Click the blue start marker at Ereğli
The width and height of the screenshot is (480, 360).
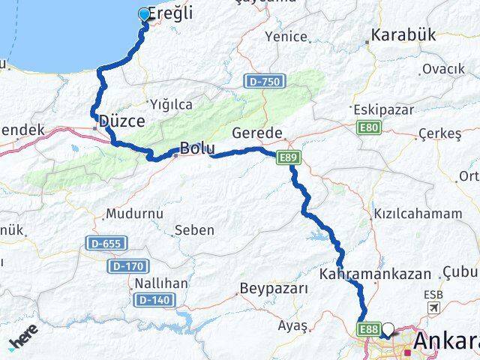144,13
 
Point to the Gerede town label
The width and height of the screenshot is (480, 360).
257,133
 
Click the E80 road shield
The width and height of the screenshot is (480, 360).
369,128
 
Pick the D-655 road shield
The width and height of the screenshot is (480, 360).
106,243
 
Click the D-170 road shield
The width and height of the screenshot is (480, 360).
128,265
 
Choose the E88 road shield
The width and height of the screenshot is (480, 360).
367,328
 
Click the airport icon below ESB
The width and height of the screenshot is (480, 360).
433,308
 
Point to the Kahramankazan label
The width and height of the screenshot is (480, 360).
375,274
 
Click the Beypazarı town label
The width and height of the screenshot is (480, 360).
274,288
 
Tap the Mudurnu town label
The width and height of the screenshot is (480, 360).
134,214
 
